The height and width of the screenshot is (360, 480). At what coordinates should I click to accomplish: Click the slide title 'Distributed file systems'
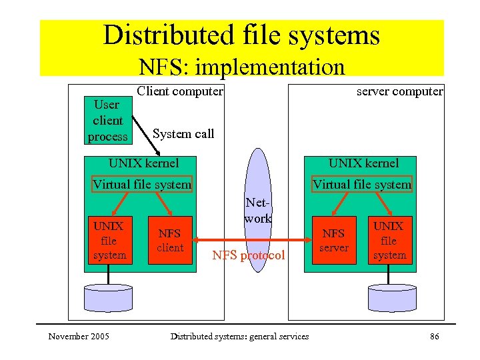pos(241,35)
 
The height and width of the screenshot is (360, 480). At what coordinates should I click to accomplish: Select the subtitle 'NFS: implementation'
pos(241,67)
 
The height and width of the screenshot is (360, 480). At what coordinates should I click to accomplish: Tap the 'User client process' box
pos(107,121)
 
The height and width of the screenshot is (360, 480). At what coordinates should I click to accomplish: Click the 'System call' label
pos(183,133)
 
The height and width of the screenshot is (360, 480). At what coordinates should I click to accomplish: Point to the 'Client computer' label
pos(179,91)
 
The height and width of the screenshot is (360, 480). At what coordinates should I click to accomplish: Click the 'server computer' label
pos(399,91)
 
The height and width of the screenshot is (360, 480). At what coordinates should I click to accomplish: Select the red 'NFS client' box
pos(170,240)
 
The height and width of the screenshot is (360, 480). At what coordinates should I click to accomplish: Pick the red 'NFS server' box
pos(333,240)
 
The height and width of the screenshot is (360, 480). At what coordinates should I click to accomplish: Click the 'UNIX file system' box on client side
pos(109,240)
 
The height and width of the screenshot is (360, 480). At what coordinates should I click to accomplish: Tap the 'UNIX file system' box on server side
pos(389,240)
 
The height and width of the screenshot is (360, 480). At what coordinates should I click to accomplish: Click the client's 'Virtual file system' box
pos(142,184)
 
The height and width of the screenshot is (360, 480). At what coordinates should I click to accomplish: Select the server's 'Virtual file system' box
pos(362,184)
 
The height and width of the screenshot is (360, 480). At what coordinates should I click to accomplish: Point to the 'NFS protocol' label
pos(248,255)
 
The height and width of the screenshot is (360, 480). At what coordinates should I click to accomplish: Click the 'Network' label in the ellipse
pos(258,210)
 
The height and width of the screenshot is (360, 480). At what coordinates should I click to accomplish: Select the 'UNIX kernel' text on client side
pos(143,163)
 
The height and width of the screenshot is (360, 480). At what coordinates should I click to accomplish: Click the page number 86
pos(434,337)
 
